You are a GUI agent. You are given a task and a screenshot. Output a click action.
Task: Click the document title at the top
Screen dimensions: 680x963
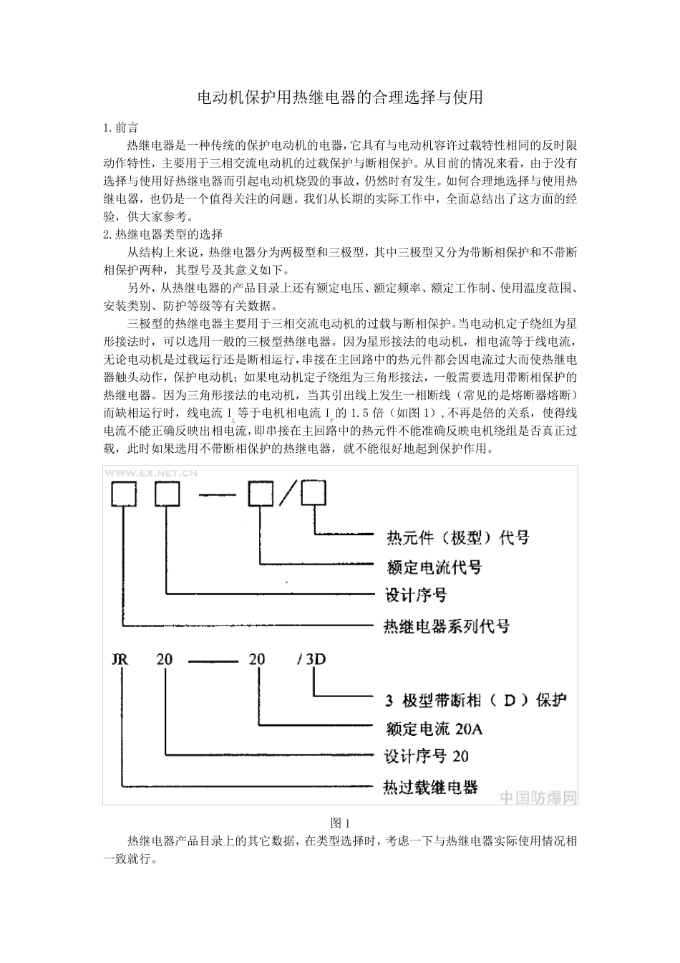click(340, 97)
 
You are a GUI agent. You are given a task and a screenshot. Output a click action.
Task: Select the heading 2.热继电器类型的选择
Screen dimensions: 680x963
click(163, 234)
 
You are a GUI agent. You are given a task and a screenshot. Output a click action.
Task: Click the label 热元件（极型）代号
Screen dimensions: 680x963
click(457, 537)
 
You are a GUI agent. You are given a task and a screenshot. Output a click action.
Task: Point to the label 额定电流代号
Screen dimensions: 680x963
click(434, 567)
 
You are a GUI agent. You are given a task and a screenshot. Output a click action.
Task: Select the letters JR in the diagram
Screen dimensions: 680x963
click(120, 658)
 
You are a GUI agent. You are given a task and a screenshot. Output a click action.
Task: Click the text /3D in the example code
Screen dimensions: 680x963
click(311, 658)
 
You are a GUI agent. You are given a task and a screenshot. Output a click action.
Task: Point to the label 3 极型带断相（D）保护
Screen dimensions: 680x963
click(475, 699)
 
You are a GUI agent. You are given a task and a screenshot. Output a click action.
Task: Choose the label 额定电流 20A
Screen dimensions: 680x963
click(434, 729)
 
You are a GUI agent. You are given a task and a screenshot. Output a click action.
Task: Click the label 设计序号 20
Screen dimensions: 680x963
click(427, 756)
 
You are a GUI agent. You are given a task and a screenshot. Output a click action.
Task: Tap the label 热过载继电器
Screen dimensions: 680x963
click(430, 787)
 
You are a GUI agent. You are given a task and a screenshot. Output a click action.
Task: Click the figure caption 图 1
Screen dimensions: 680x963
click(340, 823)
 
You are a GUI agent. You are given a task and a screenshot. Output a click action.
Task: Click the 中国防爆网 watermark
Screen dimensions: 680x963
click(538, 797)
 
